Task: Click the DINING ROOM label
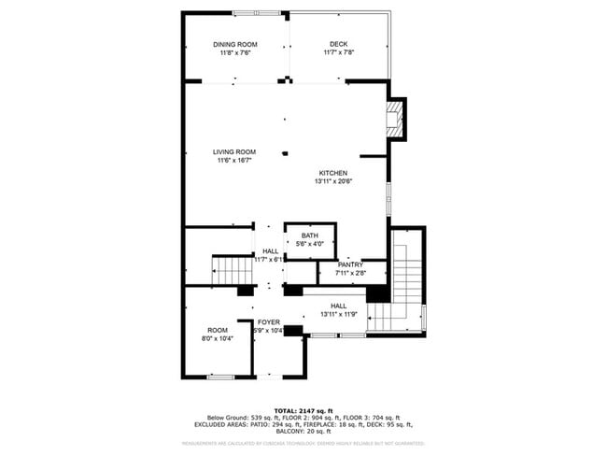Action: click(x=234, y=44)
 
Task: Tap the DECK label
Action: click(x=338, y=44)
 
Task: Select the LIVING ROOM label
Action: click(x=233, y=152)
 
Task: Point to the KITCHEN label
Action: click(x=333, y=173)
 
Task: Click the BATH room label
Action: click(x=309, y=235)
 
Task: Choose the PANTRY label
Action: click(x=350, y=264)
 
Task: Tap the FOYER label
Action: click(x=269, y=321)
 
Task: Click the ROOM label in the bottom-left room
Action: click(x=218, y=330)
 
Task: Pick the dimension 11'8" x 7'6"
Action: click(x=234, y=53)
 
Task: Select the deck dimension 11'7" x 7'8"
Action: click(x=338, y=53)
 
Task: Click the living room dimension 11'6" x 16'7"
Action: click(x=233, y=161)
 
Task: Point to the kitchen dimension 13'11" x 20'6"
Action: click(x=333, y=182)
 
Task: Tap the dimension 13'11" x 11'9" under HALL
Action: click(x=338, y=314)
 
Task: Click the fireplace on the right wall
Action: click(x=396, y=119)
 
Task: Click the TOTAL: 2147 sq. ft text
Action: click(x=303, y=410)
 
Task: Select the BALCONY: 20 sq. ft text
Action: click(x=303, y=432)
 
